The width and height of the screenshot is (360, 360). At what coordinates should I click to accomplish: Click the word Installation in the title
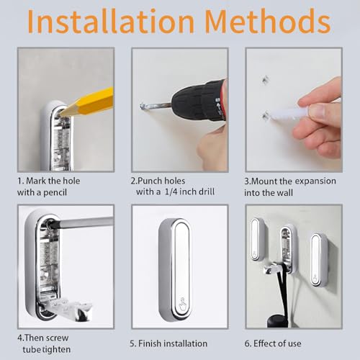click(111, 21)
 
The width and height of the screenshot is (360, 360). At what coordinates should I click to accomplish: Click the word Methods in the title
click(268, 21)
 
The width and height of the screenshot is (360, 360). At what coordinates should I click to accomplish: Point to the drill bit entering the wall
click(156, 106)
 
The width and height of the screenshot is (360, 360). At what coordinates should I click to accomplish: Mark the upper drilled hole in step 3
click(265, 80)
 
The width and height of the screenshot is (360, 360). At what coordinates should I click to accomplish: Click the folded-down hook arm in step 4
click(72, 310)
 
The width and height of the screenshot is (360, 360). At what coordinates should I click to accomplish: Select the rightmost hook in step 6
click(319, 259)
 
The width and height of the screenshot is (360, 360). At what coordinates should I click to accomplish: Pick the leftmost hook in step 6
click(257, 239)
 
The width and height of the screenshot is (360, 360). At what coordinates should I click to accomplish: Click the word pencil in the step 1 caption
click(55, 193)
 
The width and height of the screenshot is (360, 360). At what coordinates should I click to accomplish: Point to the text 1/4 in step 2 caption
click(171, 192)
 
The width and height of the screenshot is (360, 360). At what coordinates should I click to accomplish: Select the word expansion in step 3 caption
click(315, 181)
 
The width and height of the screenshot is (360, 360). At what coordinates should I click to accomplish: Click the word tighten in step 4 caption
click(57, 350)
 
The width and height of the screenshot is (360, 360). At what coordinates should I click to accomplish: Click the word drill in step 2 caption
click(206, 192)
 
